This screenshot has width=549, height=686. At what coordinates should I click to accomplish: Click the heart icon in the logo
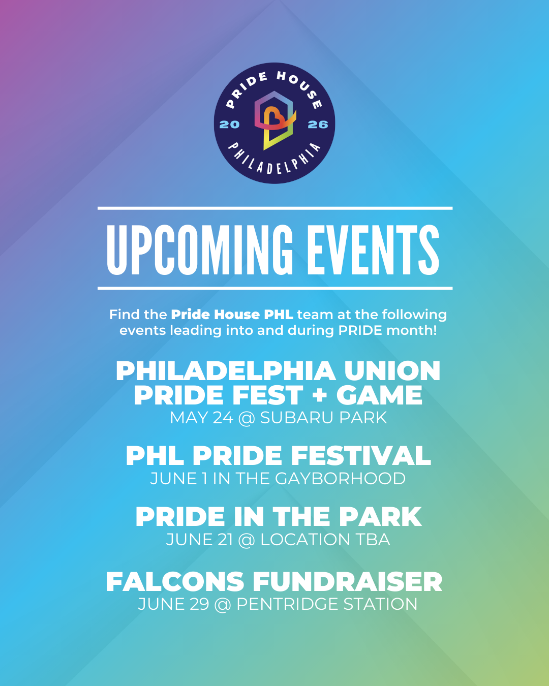tap(273, 118)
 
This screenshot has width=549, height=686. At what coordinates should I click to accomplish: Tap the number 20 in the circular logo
tap(230, 124)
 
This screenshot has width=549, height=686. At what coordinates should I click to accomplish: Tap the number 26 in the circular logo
tap(318, 124)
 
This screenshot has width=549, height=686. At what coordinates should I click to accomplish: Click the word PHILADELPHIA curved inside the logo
tap(274, 161)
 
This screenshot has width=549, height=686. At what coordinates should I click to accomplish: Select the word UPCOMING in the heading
tap(200, 250)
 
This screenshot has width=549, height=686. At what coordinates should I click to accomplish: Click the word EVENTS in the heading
tap(373, 250)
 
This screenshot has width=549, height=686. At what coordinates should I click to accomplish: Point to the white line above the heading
tap(275, 208)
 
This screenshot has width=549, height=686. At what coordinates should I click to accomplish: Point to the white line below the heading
tap(275, 289)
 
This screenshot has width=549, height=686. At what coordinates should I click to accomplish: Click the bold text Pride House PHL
tap(232, 315)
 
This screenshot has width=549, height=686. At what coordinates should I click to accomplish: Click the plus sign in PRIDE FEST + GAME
tap(320, 395)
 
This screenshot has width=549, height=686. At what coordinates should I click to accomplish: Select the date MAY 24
tap(202, 418)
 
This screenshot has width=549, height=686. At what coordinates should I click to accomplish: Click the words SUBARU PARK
tap(323, 418)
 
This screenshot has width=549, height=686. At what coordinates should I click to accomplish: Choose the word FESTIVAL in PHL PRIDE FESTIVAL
tap(361, 456)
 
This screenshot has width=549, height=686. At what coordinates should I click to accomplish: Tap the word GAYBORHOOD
tap(340, 479)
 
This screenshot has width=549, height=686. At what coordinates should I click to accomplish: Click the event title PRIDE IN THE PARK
tap(279, 517)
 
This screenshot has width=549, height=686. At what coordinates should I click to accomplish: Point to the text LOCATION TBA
tap(325, 540)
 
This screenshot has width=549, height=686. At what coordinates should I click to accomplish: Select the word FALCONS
tap(175, 582)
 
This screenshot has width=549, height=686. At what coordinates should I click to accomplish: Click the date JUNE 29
tap(173, 604)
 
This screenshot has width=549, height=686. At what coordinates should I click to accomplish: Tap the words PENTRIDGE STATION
tap(327, 604)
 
